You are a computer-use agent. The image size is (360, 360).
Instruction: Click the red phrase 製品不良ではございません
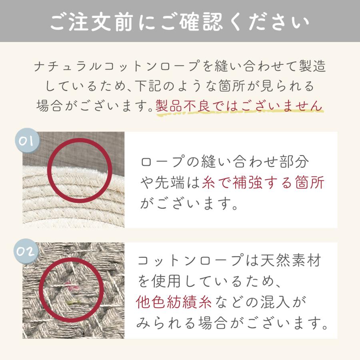pos(238,106)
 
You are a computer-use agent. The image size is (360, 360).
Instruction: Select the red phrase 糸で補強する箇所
pos(264,183)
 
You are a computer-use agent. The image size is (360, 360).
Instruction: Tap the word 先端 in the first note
pos(165,183)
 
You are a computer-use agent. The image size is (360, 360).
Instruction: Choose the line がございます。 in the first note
pos(189,204)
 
